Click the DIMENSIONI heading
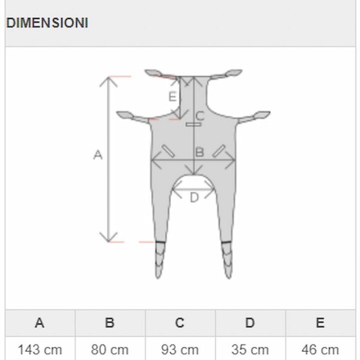[x=47, y=23]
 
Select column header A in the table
[x=39, y=322]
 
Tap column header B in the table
[x=109, y=322]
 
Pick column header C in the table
[x=180, y=322]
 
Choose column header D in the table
[x=250, y=322]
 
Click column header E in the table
[x=320, y=322]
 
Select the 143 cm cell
[x=40, y=350]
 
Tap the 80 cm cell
[x=109, y=350]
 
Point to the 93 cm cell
[x=180, y=350]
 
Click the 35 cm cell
[x=250, y=350]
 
